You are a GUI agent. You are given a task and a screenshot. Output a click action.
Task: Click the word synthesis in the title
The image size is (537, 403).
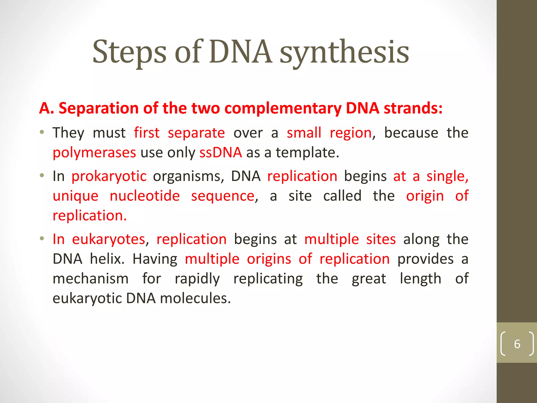[344, 52]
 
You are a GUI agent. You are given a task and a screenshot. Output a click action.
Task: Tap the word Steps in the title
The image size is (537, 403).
[129, 52]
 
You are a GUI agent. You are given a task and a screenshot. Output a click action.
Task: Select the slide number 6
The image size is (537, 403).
[517, 344]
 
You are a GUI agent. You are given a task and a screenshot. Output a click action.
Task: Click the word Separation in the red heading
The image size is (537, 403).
[99, 108]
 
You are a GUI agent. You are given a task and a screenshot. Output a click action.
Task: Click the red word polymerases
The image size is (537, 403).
[94, 153]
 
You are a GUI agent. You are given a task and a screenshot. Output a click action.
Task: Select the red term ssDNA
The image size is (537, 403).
[221, 152]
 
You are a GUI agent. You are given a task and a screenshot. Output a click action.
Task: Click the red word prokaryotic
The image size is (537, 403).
[109, 176]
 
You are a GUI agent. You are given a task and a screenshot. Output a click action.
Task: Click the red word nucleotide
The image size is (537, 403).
[145, 196]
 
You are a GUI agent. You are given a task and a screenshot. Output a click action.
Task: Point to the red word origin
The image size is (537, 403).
[425, 196]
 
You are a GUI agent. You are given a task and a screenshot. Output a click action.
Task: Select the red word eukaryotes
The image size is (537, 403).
[109, 239]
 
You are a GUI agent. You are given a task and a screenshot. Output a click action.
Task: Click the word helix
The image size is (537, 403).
[107, 259]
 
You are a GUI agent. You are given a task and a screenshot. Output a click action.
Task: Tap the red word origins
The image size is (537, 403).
[269, 259]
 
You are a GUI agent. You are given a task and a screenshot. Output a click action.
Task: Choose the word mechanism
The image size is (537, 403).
[90, 279]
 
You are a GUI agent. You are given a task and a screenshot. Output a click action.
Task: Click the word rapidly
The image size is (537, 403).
[197, 279]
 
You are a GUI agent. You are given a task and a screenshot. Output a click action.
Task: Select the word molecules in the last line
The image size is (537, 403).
[195, 298]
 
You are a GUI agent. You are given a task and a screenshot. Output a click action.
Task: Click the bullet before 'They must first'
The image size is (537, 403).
[42, 132]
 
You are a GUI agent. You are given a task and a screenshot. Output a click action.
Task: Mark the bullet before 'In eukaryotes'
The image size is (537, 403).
[42, 238]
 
